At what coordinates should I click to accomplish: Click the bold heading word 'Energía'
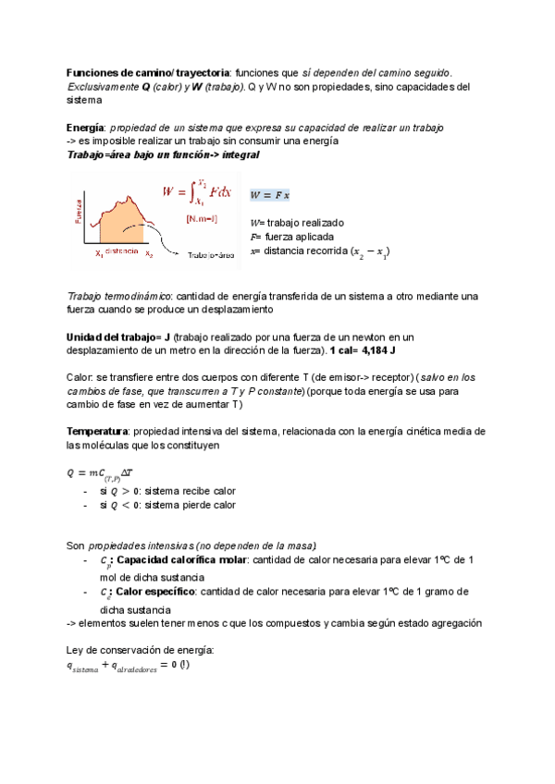point(85,127)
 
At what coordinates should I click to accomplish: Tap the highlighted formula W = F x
point(270,195)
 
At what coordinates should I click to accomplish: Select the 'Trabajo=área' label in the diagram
point(214,255)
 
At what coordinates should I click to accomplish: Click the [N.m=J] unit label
point(201,218)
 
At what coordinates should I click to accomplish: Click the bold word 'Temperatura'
point(98,432)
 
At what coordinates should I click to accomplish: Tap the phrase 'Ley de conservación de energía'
point(141,650)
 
